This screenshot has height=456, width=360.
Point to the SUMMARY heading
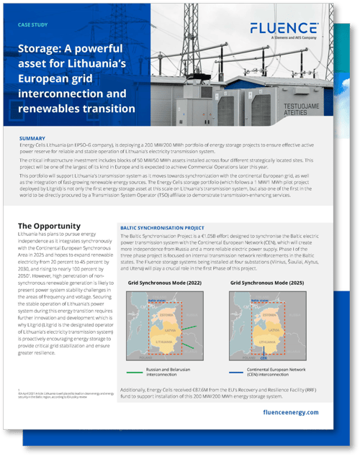coord(34,138)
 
